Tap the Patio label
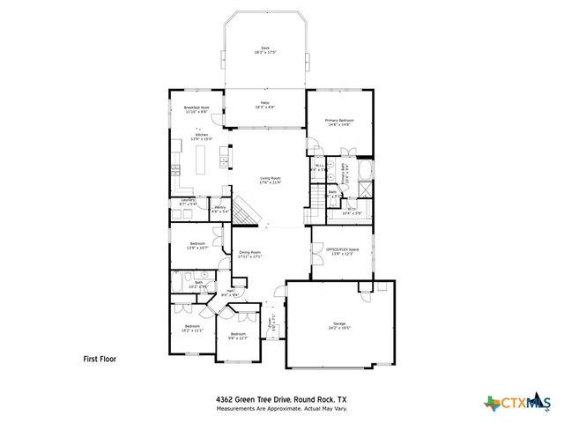[x=264, y=105]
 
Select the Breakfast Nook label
[x=197, y=110]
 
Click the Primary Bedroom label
[x=338, y=122]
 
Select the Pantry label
[x=219, y=210]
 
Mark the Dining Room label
[x=251, y=255]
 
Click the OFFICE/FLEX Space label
[x=343, y=252]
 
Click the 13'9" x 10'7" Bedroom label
[x=197, y=246]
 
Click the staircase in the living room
[x=250, y=211]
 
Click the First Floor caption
[x=100, y=359]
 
